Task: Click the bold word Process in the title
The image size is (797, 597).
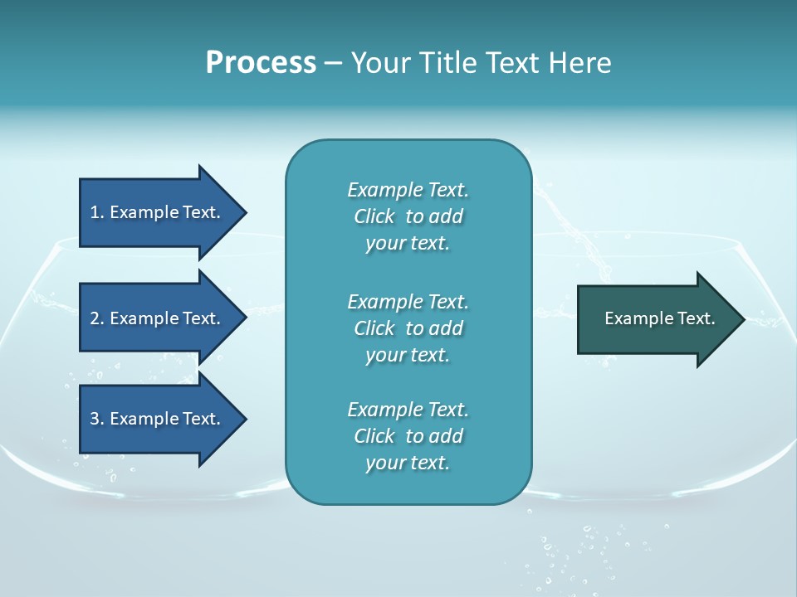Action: point(261,63)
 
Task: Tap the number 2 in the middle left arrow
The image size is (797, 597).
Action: point(95,318)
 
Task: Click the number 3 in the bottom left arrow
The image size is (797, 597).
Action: point(95,419)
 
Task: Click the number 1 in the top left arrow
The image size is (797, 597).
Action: point(95,212)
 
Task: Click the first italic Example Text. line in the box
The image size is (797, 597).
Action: point(408,190)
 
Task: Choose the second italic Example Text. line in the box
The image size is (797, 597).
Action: point(408,301)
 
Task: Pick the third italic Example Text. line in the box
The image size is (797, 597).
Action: point(408,410)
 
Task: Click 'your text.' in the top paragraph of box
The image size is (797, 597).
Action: point(408,244)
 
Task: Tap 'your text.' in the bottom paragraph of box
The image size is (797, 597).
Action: point(408,464)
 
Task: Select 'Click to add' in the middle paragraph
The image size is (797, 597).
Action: point(408,328)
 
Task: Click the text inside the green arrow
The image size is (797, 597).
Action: point(659,318)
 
